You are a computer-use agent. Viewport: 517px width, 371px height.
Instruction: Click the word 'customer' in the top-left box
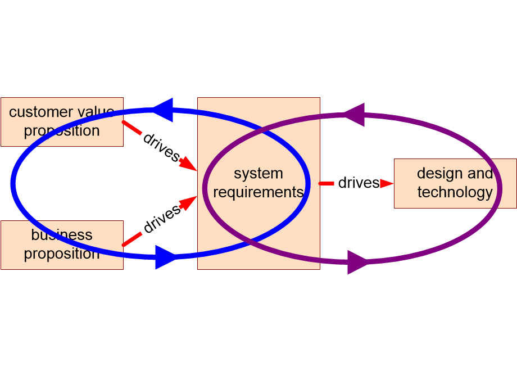(41, 112)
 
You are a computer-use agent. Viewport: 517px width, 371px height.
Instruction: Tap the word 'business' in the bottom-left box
(62, 235)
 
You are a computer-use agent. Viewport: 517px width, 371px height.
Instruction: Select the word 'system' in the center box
(258, 174)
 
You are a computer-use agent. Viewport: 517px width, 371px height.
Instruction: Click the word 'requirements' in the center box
(258, 192)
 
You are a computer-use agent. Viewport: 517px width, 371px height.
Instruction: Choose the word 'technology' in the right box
(455, 192)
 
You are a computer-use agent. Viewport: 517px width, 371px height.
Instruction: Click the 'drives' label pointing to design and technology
(359, 183)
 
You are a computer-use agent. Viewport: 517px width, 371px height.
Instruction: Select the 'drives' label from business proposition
(162, 218)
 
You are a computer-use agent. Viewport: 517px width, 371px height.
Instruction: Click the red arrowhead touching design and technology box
(387, 183)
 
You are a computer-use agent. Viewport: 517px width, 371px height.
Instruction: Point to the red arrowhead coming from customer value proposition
(189, 164)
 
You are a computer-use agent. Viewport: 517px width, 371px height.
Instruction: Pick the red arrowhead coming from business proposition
(189, 203)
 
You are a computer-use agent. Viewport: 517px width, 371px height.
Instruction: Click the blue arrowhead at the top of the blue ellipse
(163, 110)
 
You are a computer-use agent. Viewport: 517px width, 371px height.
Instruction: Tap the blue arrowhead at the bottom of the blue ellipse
(166, 257)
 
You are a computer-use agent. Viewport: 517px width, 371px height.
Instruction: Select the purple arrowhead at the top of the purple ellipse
(355, 115)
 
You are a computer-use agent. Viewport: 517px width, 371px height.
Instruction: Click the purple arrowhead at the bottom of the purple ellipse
(359, 263)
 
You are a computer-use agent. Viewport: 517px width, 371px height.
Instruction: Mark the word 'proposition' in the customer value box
(62, 131)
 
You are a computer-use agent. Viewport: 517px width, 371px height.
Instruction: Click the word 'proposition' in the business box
(62, 254)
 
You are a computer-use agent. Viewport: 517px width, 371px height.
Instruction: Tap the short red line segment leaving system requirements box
(326, 183)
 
